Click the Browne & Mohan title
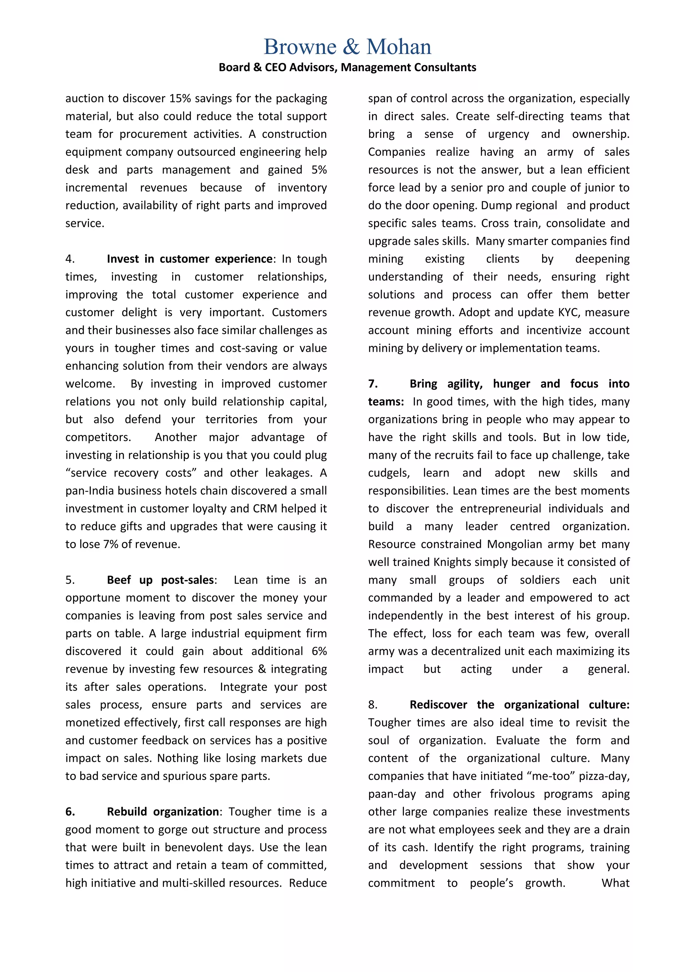point(347,47)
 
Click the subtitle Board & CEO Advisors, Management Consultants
point(347,67)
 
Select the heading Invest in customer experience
point(190,259)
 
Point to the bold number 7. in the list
point(373,384)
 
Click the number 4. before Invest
point(70,259)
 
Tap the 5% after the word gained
point(319,170)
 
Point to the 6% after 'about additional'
point(319,651)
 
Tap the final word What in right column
point(616,883)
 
